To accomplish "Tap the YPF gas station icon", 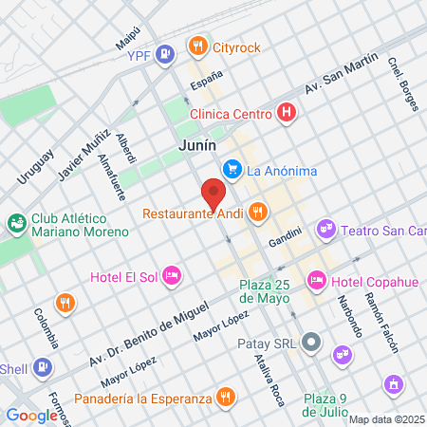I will (166, 54).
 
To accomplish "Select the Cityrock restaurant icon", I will (197, 45).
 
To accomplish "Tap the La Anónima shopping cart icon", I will (232, 170).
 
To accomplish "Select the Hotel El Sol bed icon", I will (172, 276).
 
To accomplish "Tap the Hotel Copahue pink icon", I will (316, 281).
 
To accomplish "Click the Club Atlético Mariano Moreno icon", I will (16, 224).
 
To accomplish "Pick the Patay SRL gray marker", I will (313, 343).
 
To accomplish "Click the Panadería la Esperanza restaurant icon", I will (225, 396).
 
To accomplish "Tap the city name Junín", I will (197, 146).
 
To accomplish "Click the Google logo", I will (31, 415).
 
